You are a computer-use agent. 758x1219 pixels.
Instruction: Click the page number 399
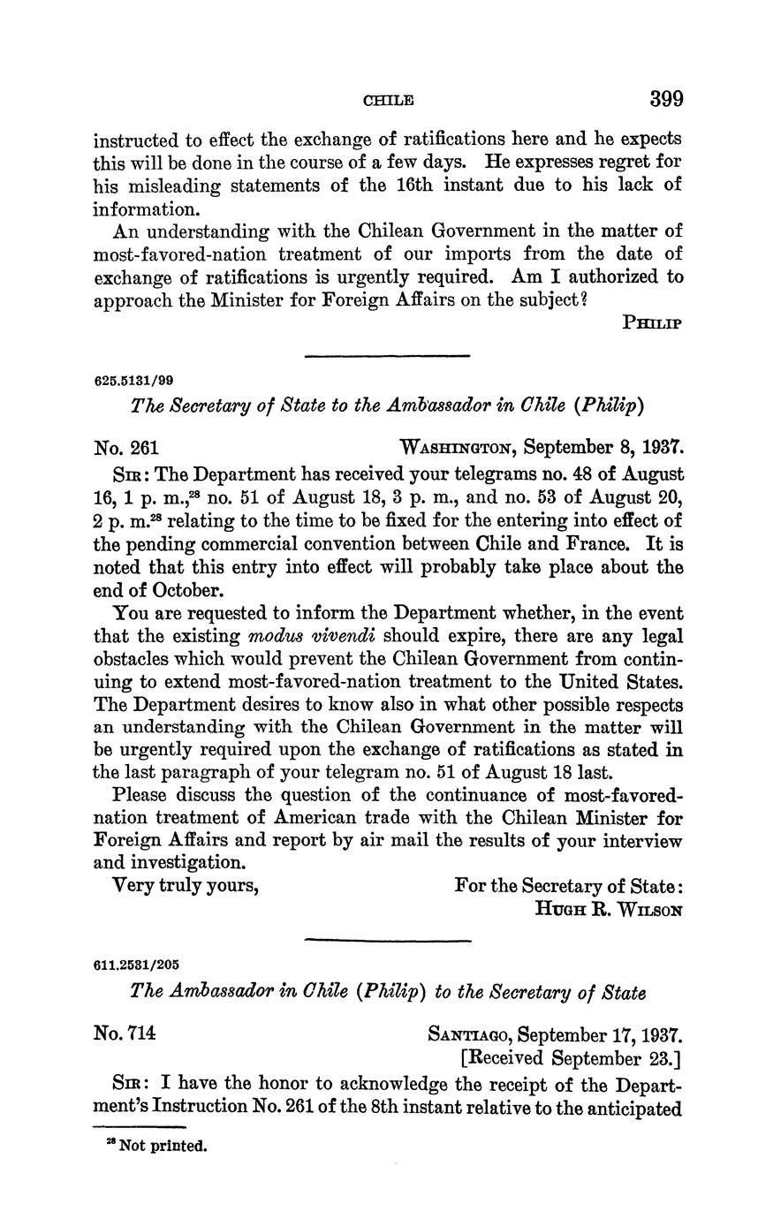coord(666,98)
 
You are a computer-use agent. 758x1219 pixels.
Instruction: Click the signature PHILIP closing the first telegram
coord(652,322)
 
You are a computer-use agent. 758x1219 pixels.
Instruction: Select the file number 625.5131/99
coord(133,381)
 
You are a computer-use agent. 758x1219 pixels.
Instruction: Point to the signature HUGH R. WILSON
coord(609,908)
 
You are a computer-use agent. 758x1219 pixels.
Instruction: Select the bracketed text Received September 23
coord(569,1057)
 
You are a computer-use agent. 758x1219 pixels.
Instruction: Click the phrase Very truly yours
coord(186,884)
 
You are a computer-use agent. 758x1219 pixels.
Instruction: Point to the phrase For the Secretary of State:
coord(568,884)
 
